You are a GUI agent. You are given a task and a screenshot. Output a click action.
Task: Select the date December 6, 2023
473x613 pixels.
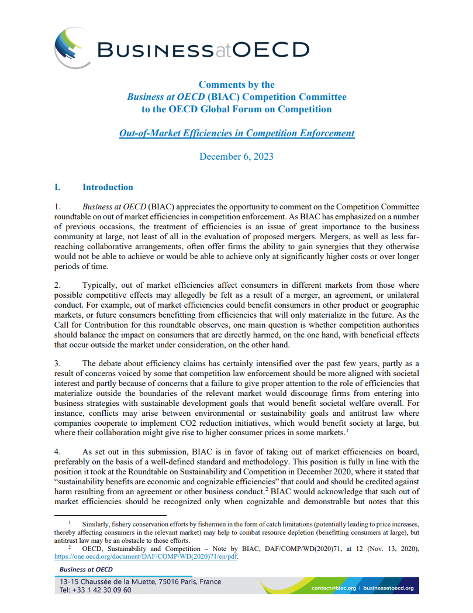236,156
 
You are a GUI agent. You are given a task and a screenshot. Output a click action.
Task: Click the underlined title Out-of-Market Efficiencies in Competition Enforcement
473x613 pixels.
236,133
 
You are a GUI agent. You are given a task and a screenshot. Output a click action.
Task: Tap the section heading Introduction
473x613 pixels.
108,187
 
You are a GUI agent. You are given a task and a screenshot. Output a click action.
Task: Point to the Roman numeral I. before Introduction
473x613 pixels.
57,187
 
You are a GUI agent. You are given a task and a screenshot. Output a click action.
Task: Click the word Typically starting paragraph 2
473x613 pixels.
99,285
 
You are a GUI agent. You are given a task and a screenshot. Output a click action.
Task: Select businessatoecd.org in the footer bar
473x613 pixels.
388,588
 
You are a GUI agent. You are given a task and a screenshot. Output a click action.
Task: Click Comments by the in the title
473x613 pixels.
236,84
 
